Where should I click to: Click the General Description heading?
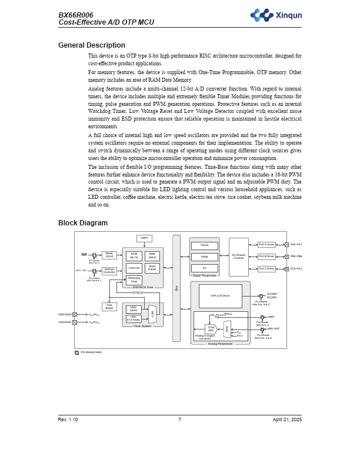91,45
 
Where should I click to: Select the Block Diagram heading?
82,223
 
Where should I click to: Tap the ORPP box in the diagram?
144,238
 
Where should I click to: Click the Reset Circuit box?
109,255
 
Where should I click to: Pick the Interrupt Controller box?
109,271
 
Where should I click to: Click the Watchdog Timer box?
134,280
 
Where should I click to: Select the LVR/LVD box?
134,268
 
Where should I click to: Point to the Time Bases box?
109,307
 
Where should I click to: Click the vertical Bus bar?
176,288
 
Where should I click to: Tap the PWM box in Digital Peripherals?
204,257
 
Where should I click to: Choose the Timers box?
204,245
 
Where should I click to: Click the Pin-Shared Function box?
238,257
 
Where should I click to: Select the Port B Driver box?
266,257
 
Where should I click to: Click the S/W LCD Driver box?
220,296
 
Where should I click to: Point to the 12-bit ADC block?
211,329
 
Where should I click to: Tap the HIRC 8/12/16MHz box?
134,318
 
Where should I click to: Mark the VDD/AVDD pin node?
75,314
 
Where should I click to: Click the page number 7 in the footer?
179,420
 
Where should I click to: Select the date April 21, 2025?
287,420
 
